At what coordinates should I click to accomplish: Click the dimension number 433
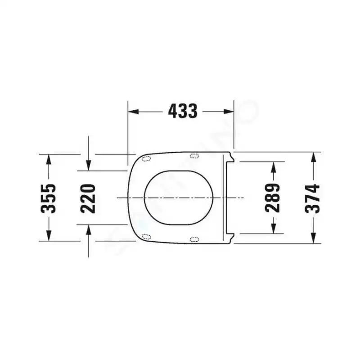pyautogui.click(x=183, y=111)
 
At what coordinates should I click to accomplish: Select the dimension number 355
pyautogui.click(x=48, y=198)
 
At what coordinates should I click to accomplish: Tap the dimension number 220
pyautogui.click(x=88, y=198)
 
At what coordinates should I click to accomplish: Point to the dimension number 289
pyautogui.click(x=273, y=198)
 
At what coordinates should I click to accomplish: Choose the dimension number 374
pyautogui.click(x=312, y=198)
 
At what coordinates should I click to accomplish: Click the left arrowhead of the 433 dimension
pyautogui.click(x=133, y=112)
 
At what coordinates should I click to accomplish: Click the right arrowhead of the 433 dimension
pyautogui.click(x=229, y=112)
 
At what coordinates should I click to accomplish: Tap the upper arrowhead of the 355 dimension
pyautogui.click(x=49, y=160)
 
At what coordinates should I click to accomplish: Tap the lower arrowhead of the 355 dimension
pyautogui.click(x=49, y=236)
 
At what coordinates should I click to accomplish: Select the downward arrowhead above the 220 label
pyautogui.click(x=89, y=166)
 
